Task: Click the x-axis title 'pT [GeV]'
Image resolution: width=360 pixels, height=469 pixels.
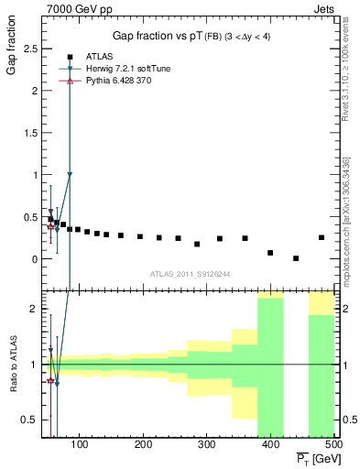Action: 314,457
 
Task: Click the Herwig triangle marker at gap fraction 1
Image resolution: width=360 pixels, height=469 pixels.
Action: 70,174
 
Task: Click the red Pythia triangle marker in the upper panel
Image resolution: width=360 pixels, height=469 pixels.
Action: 50,225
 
